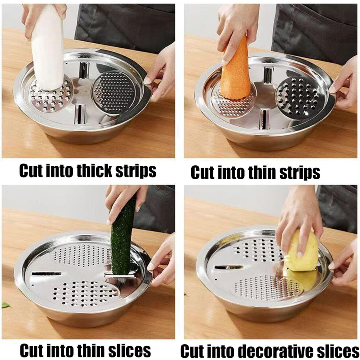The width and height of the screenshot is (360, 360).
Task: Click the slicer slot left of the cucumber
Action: (x=47, y=274)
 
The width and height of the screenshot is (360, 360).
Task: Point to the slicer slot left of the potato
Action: (x=229, y=267)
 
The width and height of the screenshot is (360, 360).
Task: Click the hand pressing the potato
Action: (x=299, y=220)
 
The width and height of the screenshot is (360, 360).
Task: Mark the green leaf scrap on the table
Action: (x=5, y=305)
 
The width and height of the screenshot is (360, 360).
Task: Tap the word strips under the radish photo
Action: (x=136, y=171)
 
